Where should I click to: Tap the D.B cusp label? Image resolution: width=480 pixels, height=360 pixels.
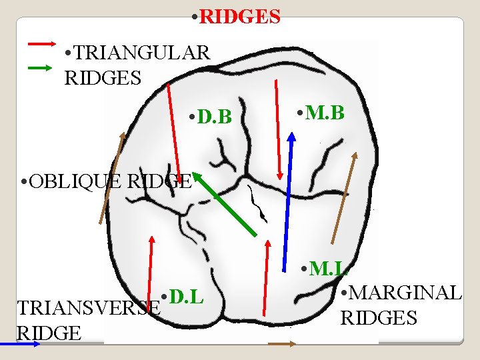point(214,118)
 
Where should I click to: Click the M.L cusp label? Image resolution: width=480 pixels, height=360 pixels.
point(325,268)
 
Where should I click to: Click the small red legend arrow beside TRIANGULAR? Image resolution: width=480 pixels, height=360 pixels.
point(41,45)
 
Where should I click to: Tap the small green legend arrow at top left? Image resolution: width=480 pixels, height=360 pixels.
point(41,67)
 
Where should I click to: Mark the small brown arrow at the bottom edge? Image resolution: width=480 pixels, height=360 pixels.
point(282,344)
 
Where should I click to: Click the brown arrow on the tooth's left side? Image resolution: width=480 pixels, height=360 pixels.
point(111,177)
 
